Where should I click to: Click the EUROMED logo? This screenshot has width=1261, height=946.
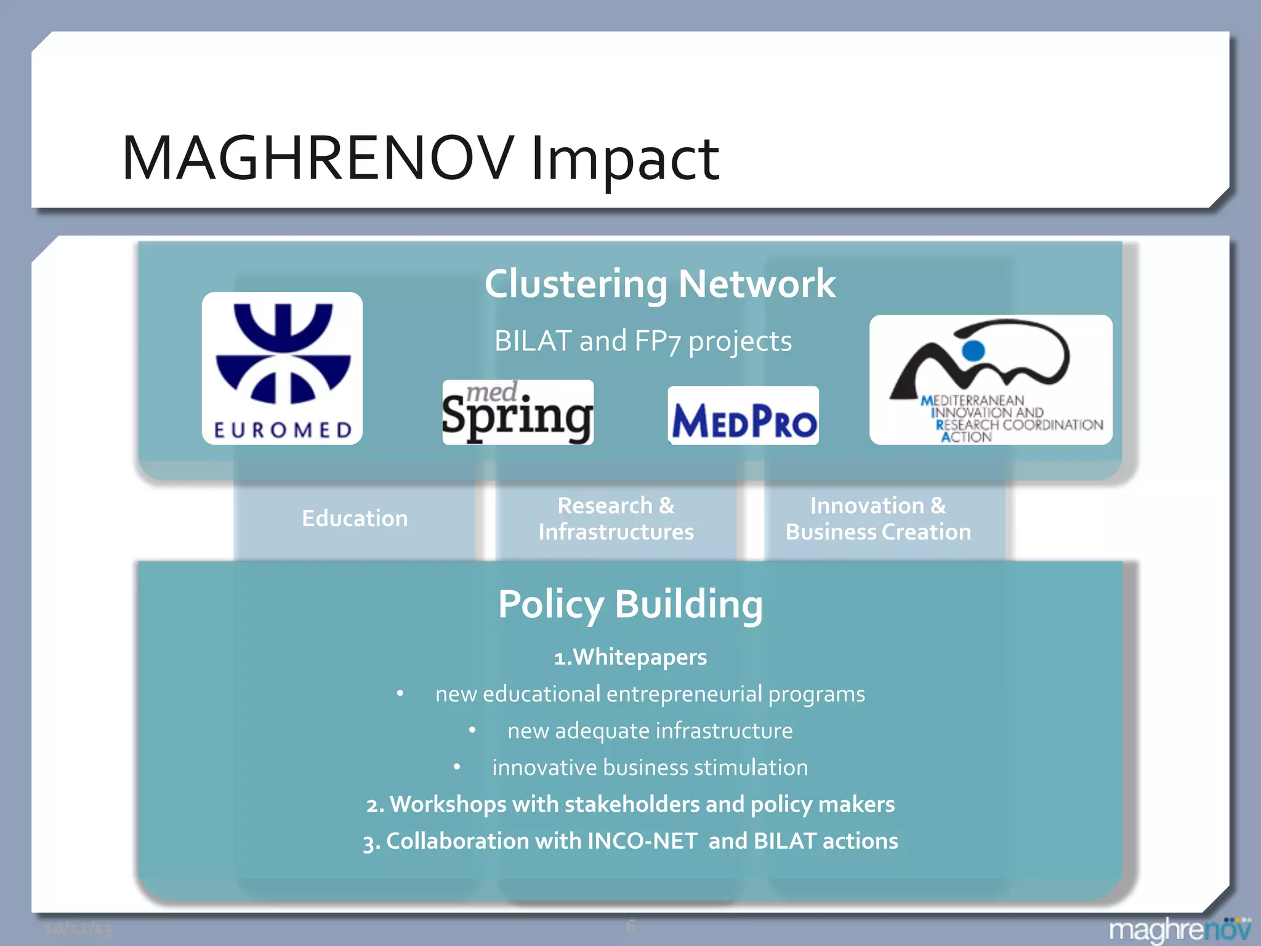click(282, 368)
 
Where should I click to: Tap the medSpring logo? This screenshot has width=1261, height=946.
click(518, 412)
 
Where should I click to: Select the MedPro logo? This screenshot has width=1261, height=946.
click(743, 416)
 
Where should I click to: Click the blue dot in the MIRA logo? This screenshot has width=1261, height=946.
click(973, 350)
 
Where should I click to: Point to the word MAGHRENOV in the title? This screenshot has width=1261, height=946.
click(318, 158)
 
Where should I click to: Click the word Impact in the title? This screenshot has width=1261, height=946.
click(624, 160)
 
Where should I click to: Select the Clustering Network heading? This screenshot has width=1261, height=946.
click(659, 284)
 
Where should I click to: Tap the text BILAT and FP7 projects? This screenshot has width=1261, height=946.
click(643, 341)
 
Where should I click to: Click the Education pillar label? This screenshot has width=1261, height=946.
click(355, 519)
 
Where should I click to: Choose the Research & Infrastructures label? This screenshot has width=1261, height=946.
click(616, 519)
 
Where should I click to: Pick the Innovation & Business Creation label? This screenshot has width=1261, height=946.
click(878, 519)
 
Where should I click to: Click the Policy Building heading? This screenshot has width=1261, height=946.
click(630, 604)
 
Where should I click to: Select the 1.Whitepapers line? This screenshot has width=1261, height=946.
click(630, 657)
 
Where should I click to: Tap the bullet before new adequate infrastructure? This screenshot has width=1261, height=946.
click(472, 730)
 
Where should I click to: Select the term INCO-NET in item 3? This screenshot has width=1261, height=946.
click(642, 841)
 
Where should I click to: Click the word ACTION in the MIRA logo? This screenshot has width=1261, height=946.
click(966, 437)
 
